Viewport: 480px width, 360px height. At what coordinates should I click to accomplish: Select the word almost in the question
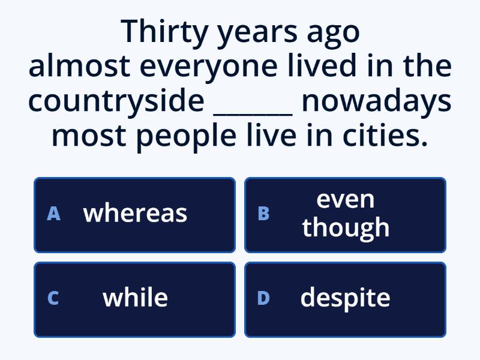80,65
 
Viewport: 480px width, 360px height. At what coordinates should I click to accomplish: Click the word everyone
209,68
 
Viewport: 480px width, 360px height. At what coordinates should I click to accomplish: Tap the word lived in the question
322,65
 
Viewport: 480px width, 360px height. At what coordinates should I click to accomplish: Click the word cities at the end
385,134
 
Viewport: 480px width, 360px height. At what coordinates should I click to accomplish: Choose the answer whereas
135,214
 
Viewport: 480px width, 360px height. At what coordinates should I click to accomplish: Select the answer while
136,297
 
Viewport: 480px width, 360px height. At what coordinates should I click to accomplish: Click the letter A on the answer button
53,214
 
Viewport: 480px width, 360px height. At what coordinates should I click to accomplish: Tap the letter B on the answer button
263,214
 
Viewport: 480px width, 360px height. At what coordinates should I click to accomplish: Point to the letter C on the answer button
53,298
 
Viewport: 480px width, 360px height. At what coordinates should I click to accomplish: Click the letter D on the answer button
263,298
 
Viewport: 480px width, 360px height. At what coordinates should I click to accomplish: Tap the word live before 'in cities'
272,134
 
